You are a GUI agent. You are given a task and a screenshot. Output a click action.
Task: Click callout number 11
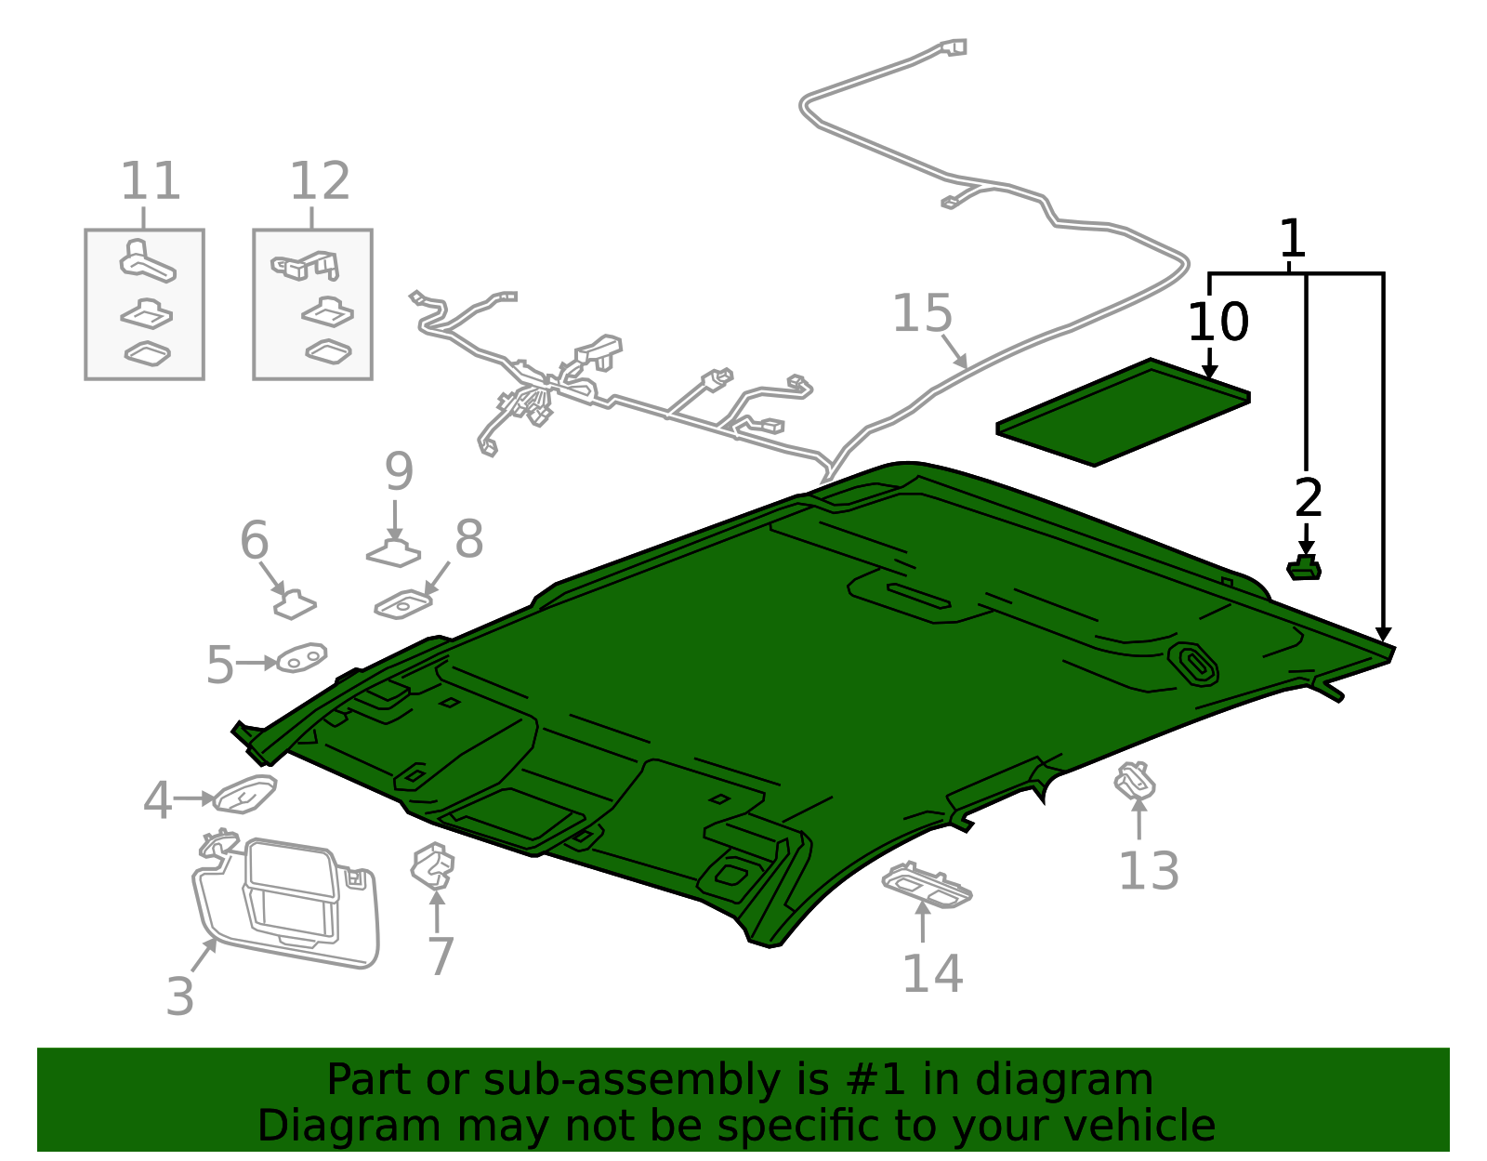(150, 181)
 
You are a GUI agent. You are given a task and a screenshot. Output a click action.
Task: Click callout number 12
(320, 181)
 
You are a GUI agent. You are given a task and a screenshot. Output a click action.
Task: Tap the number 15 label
(922, 314)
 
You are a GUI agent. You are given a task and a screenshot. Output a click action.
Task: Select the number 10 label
(1218, 323)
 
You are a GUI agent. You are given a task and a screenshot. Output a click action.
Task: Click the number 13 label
(1149, 872)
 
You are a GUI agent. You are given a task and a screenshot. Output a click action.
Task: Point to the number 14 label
(932, 973)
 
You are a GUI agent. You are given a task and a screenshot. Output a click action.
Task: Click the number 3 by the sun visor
(179, 996)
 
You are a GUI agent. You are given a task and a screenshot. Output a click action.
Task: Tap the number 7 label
(441, 956)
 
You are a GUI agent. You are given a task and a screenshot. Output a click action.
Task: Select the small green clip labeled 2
(1304, 568)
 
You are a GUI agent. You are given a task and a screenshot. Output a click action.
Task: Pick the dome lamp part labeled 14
(926, 884)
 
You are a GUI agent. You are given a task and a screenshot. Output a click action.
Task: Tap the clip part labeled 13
(1135, 781)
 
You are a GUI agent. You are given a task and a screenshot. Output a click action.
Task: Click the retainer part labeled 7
(433, 865)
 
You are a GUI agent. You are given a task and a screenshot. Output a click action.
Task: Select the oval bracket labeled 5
(301, 658)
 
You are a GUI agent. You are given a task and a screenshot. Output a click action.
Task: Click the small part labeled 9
(394, 554)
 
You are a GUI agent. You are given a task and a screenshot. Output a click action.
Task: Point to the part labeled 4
(244, 795)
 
